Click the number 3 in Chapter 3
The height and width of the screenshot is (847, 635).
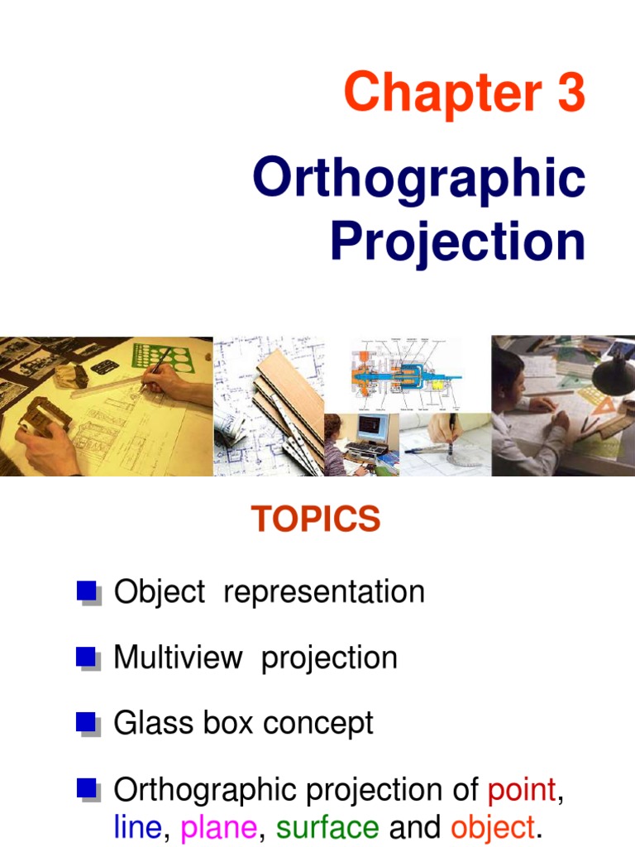pyautogui.click(x=570, y=93)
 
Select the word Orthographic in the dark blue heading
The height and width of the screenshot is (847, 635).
pyautogui.click(x=419, y=179)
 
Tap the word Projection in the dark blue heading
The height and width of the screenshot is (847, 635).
pyautogui.click(x=457, y=242)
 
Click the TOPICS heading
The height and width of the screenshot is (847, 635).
pyautogui.click(x=317, y=519)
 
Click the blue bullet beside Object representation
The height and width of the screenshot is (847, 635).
pyautogui.click(x=87, y=591)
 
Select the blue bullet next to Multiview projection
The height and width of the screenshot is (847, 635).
pyautogui.click(x=87, y=658)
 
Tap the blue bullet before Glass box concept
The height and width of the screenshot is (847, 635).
pyautogui.click(x=87, y=723)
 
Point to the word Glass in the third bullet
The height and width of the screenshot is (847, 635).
pyautogui.click(x=147, y=723)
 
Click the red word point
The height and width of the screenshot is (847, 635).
pyautogui.click(x=522, y=790)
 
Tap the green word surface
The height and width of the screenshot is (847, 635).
pyautogui.click(x=327, y=826)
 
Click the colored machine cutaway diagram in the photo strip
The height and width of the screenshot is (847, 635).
pyautogui.click(x=401, y=372)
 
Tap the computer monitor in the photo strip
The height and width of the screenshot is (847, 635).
pyautogui.click(x=373, y=430)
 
